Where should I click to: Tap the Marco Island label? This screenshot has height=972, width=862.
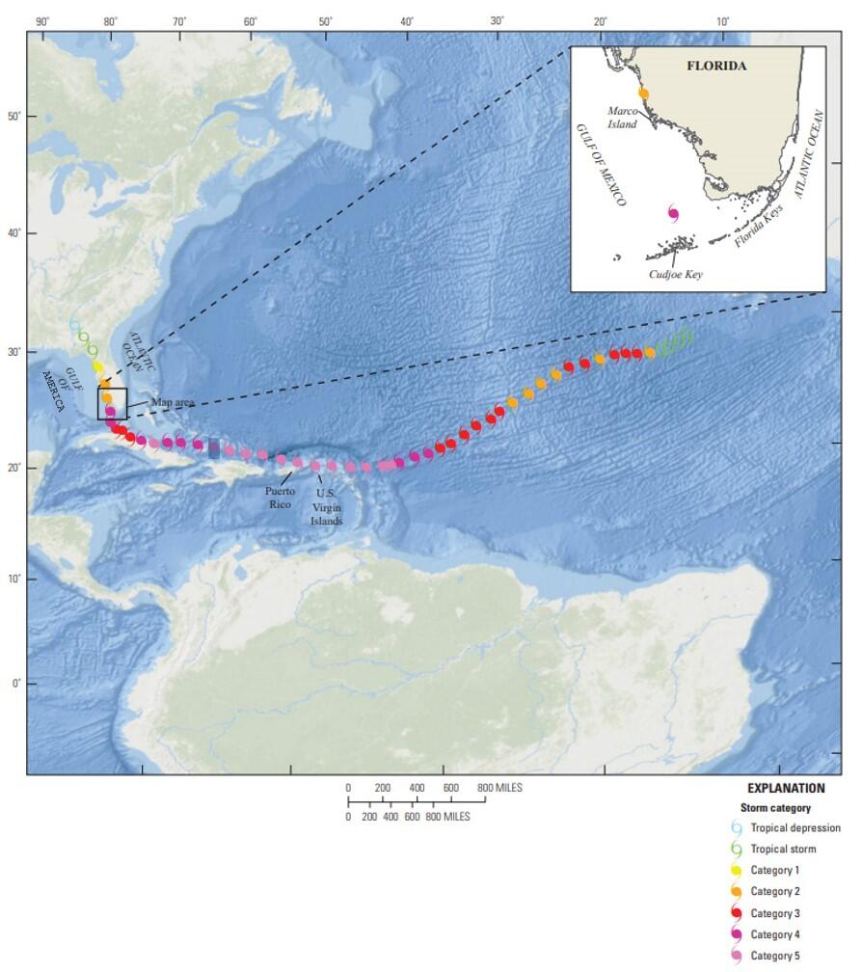622,117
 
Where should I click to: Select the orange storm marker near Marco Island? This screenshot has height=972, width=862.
643,94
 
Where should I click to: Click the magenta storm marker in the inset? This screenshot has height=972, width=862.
672,213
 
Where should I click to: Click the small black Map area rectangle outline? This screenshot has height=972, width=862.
112,404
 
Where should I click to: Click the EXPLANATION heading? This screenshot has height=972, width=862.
786,788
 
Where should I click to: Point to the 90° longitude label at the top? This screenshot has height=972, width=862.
41,21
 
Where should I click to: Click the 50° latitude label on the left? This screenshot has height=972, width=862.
13,117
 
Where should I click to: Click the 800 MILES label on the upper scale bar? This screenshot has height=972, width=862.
500,789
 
